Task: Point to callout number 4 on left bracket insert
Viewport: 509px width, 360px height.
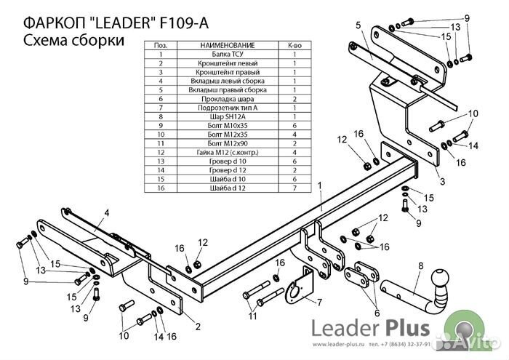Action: pos(105,212)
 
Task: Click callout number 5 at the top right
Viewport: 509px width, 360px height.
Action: pos(358,26)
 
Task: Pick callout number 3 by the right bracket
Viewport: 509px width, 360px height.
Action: pos(442,182)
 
